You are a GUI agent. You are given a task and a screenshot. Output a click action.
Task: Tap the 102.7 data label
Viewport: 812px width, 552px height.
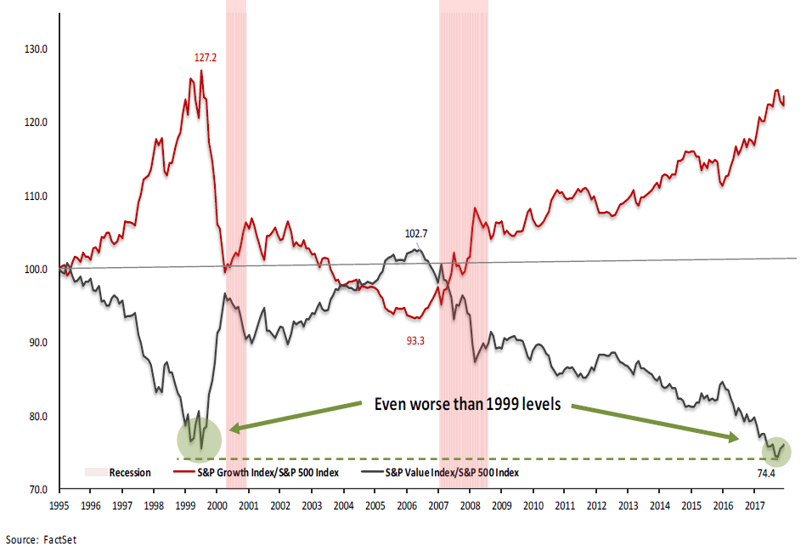tap(415, 233)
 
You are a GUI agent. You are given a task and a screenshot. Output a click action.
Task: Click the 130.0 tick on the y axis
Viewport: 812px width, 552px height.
tap(35, 49)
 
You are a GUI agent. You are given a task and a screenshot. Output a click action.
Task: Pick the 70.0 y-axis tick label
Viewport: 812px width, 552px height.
tap(36, 490)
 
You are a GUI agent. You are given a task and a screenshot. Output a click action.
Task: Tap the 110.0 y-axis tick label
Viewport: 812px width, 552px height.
tap(35, 196)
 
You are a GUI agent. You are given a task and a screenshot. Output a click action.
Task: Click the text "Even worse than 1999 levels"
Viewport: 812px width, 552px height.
tap(467, 404)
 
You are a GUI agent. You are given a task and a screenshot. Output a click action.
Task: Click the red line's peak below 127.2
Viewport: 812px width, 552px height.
tap(201, 71)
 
